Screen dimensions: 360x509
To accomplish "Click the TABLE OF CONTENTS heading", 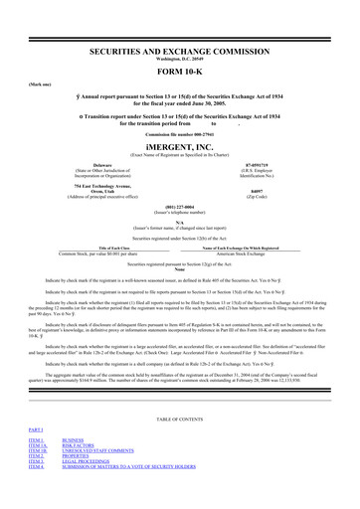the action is tap(179, 446).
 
